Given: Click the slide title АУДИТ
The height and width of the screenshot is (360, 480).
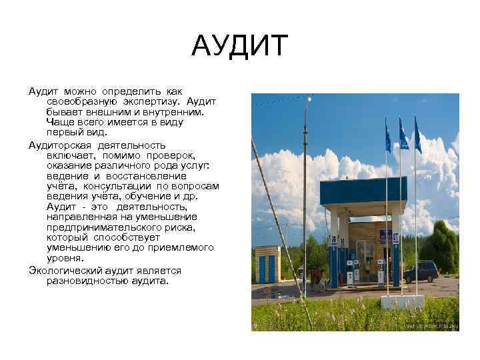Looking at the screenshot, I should tap(240, 47).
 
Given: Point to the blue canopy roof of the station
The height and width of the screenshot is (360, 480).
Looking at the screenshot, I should tap(363, 191).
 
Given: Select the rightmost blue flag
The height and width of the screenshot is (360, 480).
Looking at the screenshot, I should tap(418, 136).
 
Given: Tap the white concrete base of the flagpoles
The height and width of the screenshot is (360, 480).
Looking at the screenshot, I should tap(402, 301).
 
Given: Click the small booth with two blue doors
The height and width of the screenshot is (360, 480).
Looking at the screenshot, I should tap(267, 264).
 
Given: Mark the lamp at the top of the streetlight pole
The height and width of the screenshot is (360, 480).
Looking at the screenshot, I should tap(309, 99).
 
